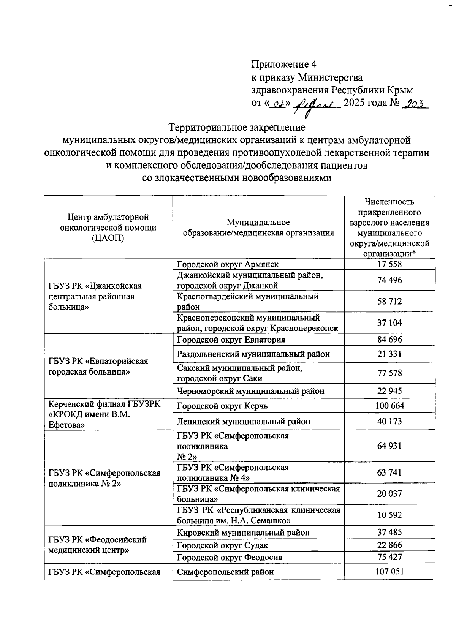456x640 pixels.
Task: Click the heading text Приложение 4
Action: click(283, 64)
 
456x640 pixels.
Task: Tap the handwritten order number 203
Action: click(415, 104)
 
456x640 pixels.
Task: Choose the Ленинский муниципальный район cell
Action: click(244, 421)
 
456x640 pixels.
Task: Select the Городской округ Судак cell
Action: click(222, 545)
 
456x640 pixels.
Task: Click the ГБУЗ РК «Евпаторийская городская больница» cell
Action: click(98, 366)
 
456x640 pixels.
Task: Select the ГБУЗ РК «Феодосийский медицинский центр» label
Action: click(97, 545)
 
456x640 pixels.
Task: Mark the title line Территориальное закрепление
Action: click(237, 127)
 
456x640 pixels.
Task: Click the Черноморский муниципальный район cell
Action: click(250, 391)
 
